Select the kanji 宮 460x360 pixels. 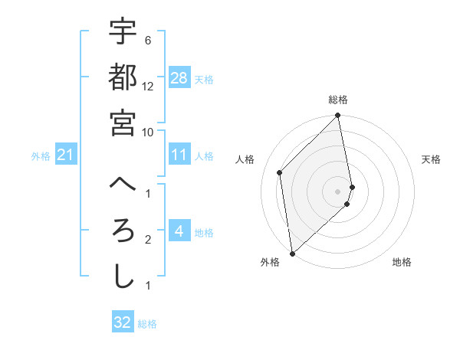point(123,122)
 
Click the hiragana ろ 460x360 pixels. point(123,231)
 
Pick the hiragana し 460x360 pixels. point(123,277)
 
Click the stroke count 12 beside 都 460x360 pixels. point(148,86)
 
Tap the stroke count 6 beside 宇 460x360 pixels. point(147,40)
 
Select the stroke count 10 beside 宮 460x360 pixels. point(148,132)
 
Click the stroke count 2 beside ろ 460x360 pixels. point(147,241)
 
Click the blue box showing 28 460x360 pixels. point(179,77)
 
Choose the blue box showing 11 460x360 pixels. point(179,155)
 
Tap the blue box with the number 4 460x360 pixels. point(179,231)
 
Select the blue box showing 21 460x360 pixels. point(65,155)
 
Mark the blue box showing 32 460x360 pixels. point(123,322)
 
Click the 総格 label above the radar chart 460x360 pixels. point(338,100)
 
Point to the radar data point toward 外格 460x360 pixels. point(292,253)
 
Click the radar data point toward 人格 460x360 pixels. point(280,172)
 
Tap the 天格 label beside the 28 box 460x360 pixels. point(204,79)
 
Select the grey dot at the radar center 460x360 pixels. point(338,191)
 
